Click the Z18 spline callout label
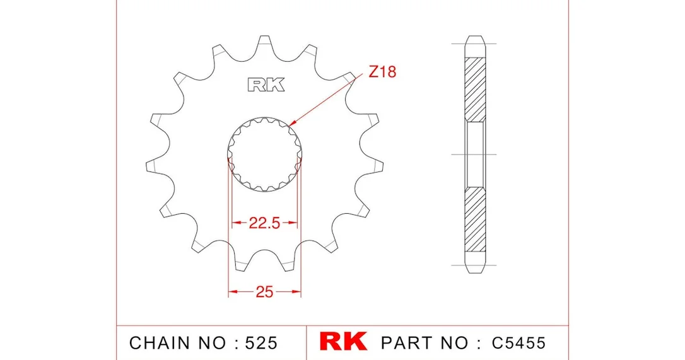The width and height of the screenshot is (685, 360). [x=382, y=71]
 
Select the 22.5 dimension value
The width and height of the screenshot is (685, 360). [x=264, y=223]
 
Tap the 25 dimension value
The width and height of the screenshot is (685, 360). [x=264, y=291]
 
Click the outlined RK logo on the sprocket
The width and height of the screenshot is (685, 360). [x=266, y=84]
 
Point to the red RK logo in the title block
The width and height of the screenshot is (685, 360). [x=343, y=341]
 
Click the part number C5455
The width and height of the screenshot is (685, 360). [x=518, y=343]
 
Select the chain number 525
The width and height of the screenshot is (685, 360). [x=261, y=343]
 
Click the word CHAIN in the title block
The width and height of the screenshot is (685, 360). [x=160, y=343]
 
